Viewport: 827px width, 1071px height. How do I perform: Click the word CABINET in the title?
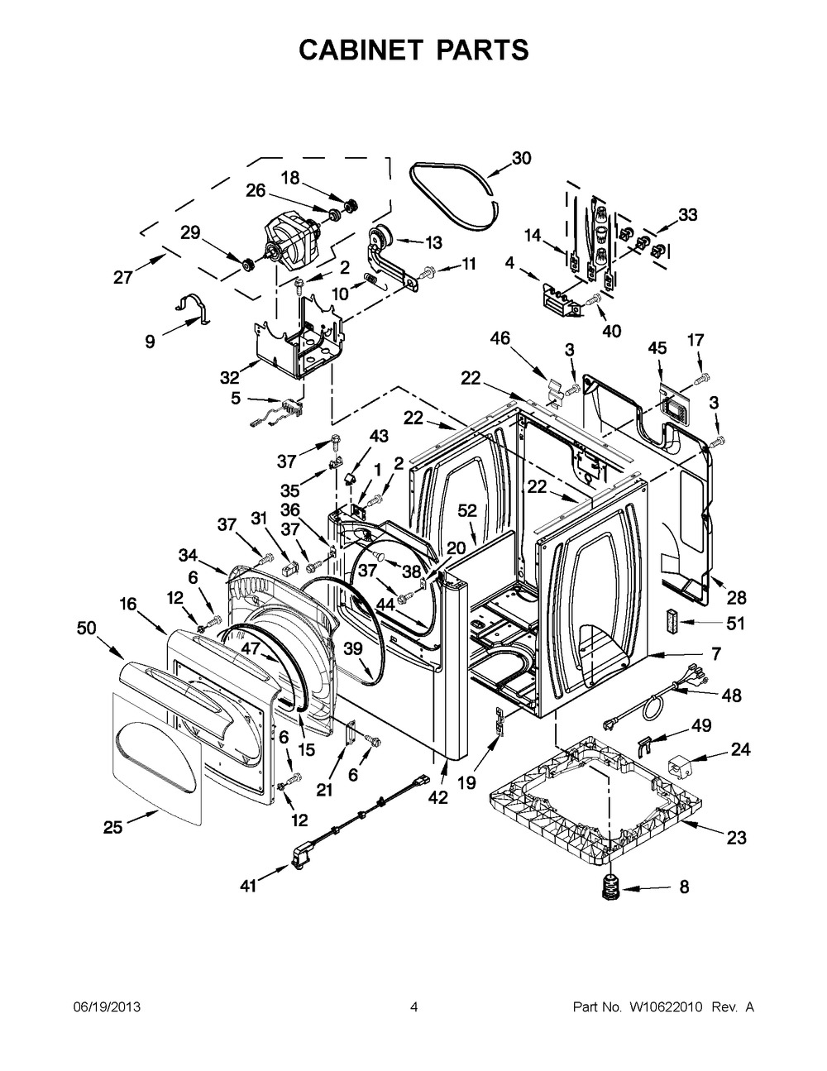pyautogui.click(x=361, y=50)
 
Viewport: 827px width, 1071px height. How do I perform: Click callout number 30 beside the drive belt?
pyautogui.click(x=522, y=159)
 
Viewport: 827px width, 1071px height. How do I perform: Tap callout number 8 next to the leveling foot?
pyautogui.click(x=684, y=887)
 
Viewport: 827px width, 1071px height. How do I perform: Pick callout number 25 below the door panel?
pyautogui.click(x=112, y=827)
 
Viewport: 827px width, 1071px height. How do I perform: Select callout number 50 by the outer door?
pyautogui.click(x=86, y=628)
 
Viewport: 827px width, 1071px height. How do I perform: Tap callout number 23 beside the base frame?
pyautogui.click(x=736, y=838)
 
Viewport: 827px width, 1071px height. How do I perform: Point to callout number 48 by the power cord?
pyautogui.click(x=731, y=696)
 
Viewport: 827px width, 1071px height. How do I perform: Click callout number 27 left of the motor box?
pyautogui.click(x=123, y=278)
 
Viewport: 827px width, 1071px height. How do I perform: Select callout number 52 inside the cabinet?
pyautogui.click(x=467, y=510)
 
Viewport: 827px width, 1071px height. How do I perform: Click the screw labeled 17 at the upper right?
pyautogui.click(x=702, y=379)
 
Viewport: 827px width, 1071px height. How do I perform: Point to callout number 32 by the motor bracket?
pyautogui.click(x=230, y=377)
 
